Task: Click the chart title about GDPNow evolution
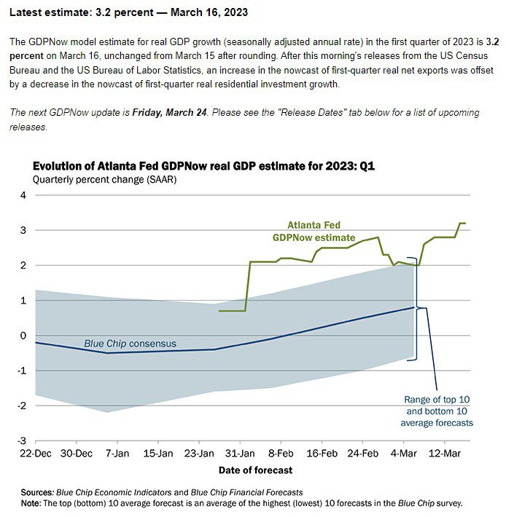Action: coord(203,165)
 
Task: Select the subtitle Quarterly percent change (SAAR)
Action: coord(105,180)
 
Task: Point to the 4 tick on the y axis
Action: coord(23,195)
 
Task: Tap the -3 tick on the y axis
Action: coord(22,441)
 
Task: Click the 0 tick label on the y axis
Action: coord(23,336)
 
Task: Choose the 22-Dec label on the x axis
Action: coord(35,454)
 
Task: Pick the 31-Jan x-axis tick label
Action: coord(240,454)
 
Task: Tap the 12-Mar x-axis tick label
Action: coord(445,454)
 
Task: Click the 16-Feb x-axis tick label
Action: coord(322,454)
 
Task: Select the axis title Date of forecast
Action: coord(255,470)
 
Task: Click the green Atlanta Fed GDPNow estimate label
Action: coord(314,232)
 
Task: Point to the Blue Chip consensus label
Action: coord(130,344)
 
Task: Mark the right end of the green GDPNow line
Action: coord(465,224)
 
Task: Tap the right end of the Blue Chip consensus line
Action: coord(414,307)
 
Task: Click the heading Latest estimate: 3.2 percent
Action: coord(82,12)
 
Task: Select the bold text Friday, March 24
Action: coord(169,112)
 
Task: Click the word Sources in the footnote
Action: coord(36,492)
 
